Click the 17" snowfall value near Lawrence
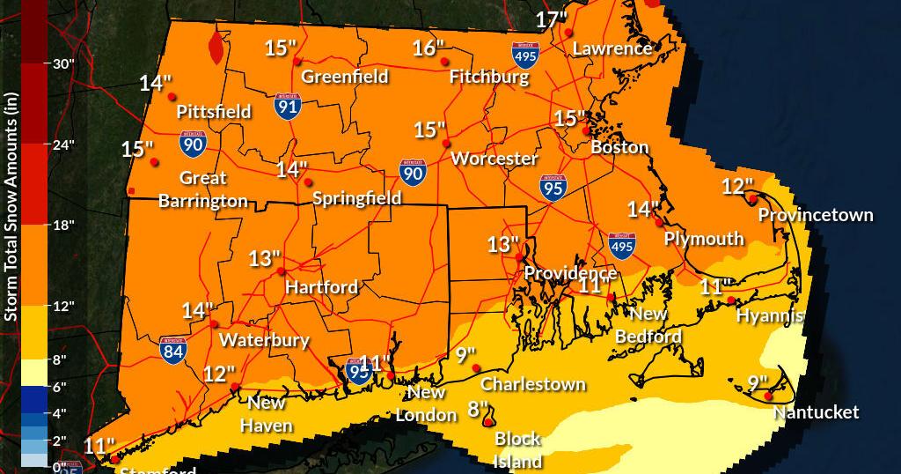coord(552,19)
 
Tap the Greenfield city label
coord(345,77)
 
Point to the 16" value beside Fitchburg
coord(428,48)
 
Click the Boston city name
coord(619,147)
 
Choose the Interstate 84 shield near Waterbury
coord(172,350)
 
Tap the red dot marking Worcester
coord(447,144)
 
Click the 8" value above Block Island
coord(478,409)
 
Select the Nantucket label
coord(816,412)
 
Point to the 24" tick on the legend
coord(64,144)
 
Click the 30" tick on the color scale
coord(64,63)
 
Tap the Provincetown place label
coord(816,215)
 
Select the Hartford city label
coord(321,287)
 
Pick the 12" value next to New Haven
coord(219,374)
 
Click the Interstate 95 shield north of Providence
coord(553,188)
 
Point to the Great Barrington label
coord(203,189)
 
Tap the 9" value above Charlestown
coord(465,355)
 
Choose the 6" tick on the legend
coord(64,387)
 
